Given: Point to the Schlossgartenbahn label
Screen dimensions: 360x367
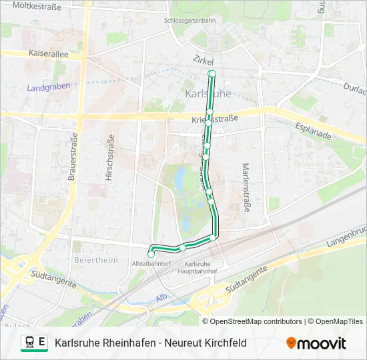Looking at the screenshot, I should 190,20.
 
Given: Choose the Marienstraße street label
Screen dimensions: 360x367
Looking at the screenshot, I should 246,187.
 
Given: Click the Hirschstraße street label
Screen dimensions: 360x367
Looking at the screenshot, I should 109,159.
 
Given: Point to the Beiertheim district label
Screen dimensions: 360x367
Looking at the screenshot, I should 92,259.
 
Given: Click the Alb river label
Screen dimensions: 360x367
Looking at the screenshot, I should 161,297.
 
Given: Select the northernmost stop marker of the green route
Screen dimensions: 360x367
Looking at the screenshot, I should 212,73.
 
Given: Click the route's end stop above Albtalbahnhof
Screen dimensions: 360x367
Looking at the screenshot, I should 151,253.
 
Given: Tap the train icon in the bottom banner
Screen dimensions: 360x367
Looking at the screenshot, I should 29,343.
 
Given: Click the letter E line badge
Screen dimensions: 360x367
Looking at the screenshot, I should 42,343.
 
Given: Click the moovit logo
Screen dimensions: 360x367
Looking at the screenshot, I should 316,343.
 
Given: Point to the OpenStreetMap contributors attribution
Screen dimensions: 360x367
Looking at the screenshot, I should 256,321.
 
